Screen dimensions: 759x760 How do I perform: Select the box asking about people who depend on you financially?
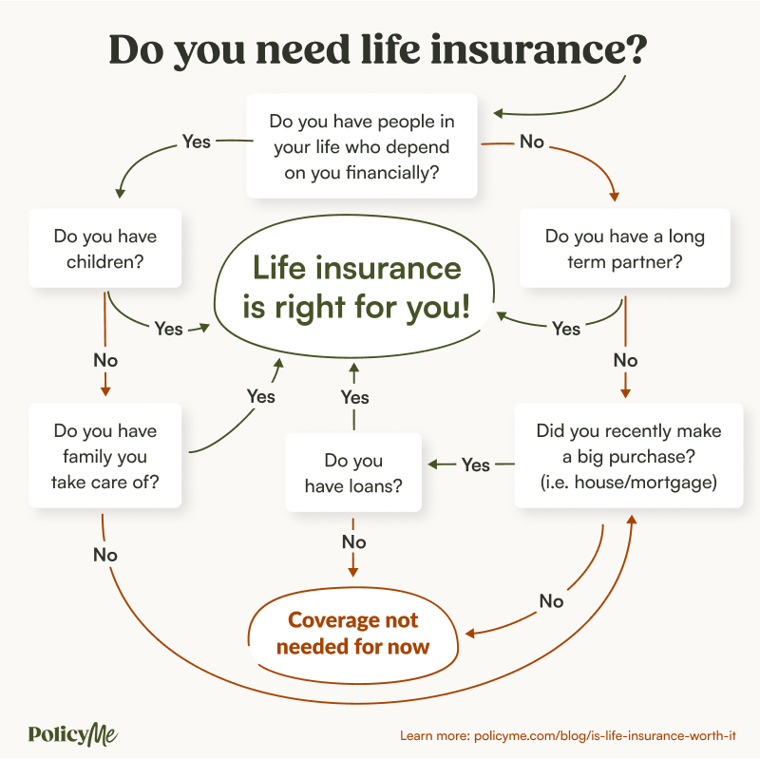[x=361, y=147]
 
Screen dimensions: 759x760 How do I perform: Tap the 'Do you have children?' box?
[x=105, y=247]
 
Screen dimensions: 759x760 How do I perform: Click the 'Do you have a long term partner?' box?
[x=625, y=248]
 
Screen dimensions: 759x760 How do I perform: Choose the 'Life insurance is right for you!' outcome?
[x=356, y=289]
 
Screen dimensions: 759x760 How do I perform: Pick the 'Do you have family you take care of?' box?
[x=105, y=456]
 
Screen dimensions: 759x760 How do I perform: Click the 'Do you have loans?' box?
[x=353, y=473]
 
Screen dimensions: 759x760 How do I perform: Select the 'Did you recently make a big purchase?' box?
[x=628, y=456]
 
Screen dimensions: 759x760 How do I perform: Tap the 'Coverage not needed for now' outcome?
[x=353, y=633]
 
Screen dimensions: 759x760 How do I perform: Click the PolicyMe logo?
[x=73, y=733]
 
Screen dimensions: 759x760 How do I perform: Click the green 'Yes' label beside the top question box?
[x=196, y=142]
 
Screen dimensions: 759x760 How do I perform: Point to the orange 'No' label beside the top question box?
[x=532, y=142]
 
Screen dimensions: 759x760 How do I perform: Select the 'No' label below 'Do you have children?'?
[x=105, y=360]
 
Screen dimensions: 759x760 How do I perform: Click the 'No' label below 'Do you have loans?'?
[x=353, y=541]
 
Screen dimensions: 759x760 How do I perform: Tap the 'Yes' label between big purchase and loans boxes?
[x=476, y=465]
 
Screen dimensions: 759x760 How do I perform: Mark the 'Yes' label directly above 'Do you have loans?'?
[x=354, y=396]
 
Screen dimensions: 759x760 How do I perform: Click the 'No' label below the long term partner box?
[x=625, y=360]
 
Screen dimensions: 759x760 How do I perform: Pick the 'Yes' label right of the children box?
[x=168, y=329]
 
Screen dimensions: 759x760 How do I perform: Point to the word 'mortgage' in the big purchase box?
[x=674, y=482]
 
